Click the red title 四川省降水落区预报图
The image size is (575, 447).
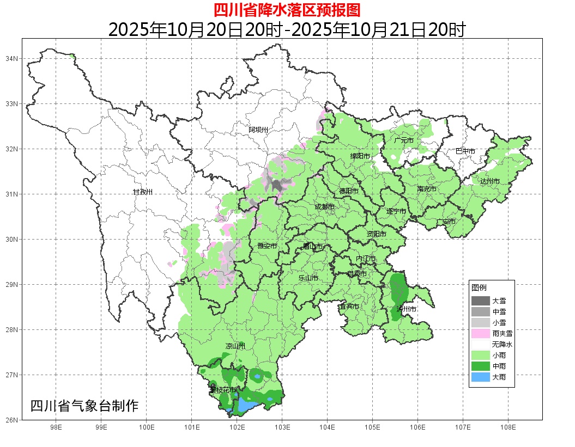click(287, 10)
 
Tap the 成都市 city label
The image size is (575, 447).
click(324, 207)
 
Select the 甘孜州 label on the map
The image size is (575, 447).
click(143, 192)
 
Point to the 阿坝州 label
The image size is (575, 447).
click(258, 130)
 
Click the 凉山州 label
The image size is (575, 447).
click(235, 346)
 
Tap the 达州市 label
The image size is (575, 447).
click(490, 181)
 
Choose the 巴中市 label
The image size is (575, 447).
click(465, 151)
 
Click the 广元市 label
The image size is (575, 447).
click(403, 140)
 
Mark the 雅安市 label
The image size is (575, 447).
click(267, 246)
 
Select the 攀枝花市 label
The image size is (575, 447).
click(223, 390)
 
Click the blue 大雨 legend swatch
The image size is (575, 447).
click(480, 377)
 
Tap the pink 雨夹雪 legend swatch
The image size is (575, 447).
click(480, 333)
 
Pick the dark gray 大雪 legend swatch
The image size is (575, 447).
click(480, 301)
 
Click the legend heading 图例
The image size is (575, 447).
click(479, 287)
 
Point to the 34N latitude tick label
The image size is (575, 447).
click(12, 58)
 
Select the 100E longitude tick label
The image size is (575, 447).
click(146, 428)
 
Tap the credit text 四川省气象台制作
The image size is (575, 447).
click(84, 406)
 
